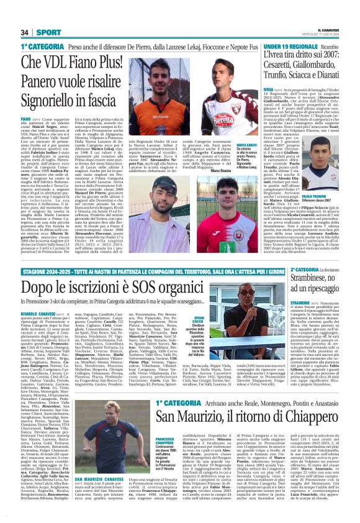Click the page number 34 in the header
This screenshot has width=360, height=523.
click(x=25, y=33)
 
